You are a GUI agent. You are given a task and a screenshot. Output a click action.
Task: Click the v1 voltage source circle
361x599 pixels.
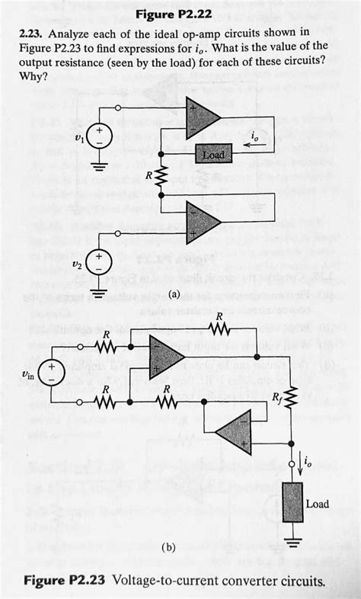102,137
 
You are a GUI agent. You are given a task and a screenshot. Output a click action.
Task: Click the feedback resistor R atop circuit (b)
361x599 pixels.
219,331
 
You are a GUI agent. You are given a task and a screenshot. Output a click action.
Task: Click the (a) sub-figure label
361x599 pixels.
174,293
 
